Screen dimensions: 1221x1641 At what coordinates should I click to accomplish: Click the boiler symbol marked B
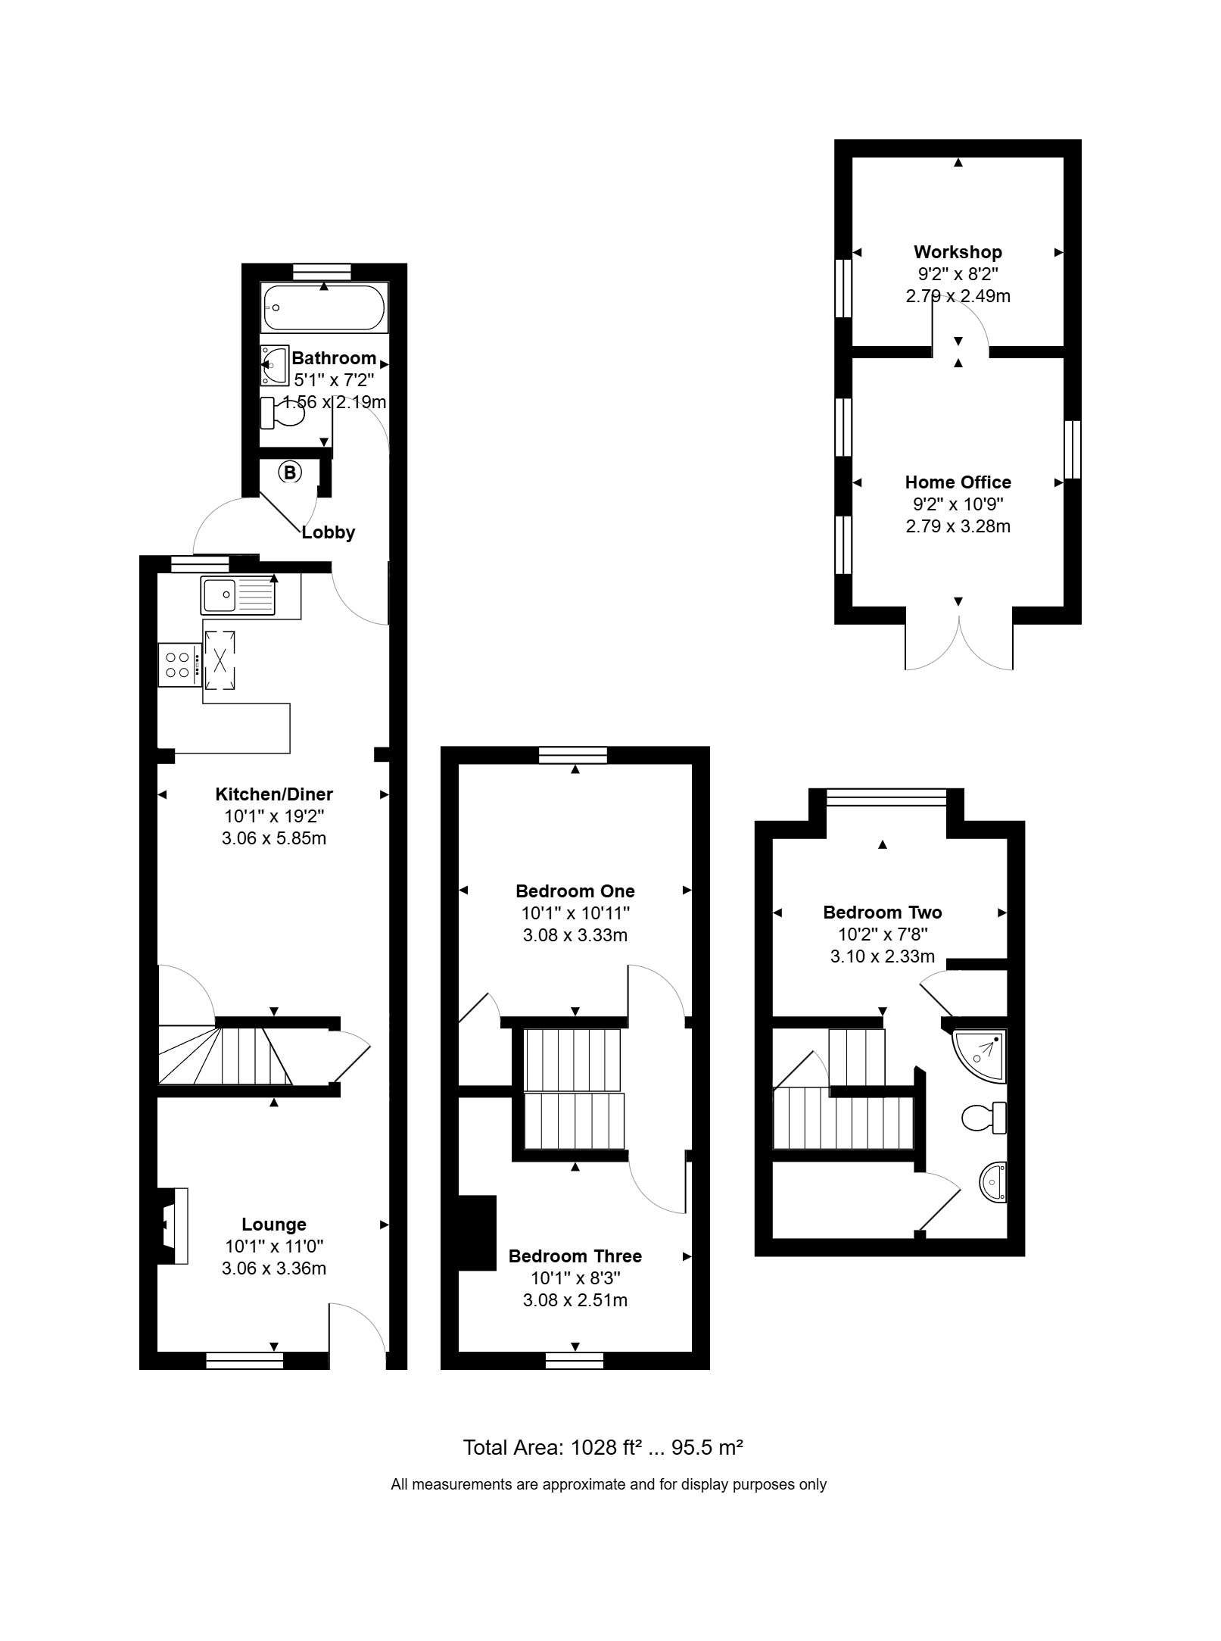click(x=290, y=473)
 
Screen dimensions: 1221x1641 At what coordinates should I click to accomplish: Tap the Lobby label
click(x=329, y=532)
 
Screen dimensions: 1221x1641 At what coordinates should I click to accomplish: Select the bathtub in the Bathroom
click(x=324, y=307)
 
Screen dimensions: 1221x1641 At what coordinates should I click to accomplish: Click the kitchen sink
click(x=238, y=595)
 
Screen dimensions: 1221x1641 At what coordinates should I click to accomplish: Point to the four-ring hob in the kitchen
click(x=179, y=665)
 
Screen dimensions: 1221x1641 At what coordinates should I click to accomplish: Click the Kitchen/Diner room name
click(x=274, y=794)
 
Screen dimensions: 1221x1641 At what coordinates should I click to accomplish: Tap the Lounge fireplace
click(x=174, y=1225)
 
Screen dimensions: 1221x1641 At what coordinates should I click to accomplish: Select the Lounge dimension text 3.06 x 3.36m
click(x=274, y=1268)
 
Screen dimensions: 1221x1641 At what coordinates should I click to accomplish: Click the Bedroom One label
click(x=575, y=891)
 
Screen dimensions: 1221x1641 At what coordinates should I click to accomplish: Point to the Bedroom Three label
click(x=575, y=1256)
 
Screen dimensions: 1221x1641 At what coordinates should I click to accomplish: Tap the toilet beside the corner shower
click(x=984, y=1117)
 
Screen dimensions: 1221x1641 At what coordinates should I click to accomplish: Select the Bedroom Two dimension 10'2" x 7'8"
click(x=883, y=934)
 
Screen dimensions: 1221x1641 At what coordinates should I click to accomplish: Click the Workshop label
click(x=958, y=252)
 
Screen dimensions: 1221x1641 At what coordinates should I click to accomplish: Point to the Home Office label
click(x=958, y=482)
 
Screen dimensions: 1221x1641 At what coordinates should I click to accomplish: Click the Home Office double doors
click(x=959, y=644)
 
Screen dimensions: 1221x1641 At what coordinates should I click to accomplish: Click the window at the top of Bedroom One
click(x=573, y=755)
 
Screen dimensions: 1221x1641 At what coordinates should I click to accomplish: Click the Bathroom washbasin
click(x=275, y=366)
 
